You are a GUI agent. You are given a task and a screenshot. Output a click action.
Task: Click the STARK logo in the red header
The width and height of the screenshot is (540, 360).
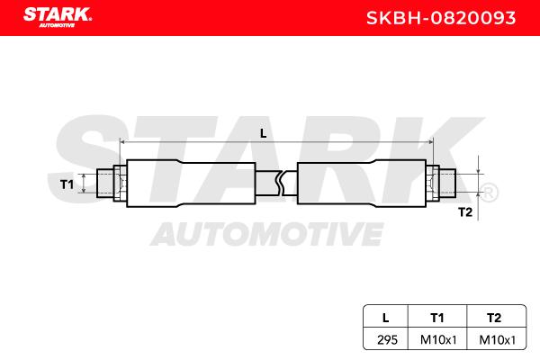tap(58, 17)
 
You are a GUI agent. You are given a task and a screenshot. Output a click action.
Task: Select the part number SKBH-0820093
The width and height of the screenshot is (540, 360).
tap(441, 18)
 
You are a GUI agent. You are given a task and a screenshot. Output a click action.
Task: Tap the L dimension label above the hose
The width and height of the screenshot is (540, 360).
tap(264, 133)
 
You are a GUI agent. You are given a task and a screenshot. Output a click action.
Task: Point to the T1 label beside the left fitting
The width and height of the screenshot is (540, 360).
tap(67, 184)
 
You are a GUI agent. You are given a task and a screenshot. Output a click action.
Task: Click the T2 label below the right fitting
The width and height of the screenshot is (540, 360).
tap(465, 212)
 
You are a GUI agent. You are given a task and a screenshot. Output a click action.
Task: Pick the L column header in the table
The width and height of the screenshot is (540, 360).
tap(386, 318)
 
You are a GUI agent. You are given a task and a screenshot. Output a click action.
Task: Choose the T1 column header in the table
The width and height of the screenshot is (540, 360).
tap(437, 318)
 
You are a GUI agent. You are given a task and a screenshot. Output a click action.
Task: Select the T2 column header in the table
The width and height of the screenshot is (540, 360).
tap(494, 318)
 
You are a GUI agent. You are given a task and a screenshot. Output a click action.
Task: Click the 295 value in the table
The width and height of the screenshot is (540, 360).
tap(387, 340)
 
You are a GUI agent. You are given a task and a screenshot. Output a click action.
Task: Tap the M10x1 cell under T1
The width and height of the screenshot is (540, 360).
tap(438, 340)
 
